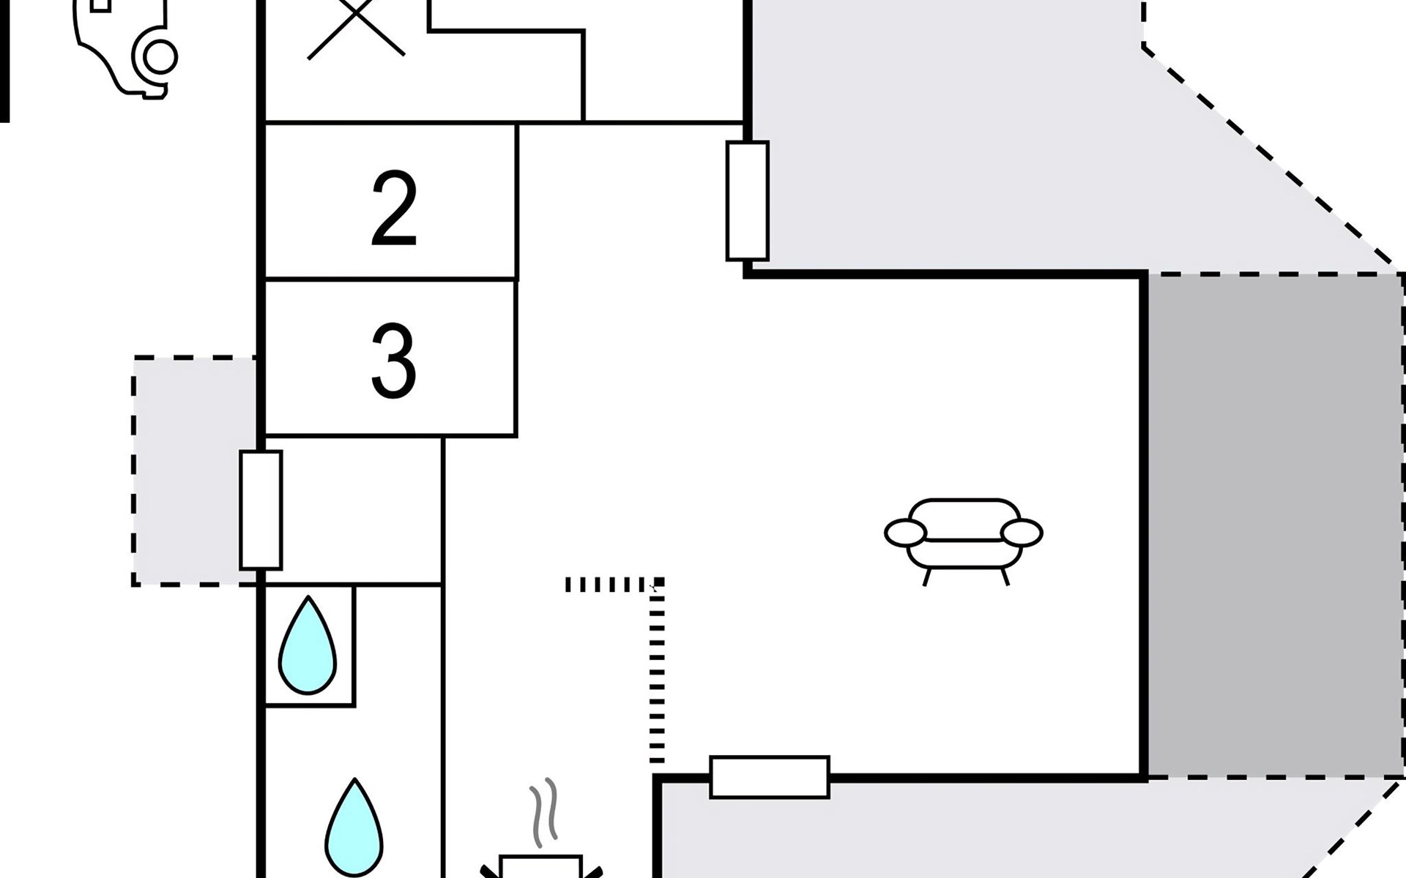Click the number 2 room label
[x=394, y=209]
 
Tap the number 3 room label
[x=394, y=361]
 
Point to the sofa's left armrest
[x=905, y=533]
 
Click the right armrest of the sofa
[x=1022, y=533]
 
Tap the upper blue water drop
[x=308, y=647]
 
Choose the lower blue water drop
[x=354, y=828]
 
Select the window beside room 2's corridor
[x=747, y=201]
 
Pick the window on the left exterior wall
[x=261, y=510]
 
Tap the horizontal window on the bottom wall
[x=770, y=776]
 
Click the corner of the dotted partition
[x=658, y=583]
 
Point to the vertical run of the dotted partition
[x=657, y=680]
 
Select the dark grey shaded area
[x=1274, y=525]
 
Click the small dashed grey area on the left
[x=195, y=471]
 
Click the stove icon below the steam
[x=541, y=867]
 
